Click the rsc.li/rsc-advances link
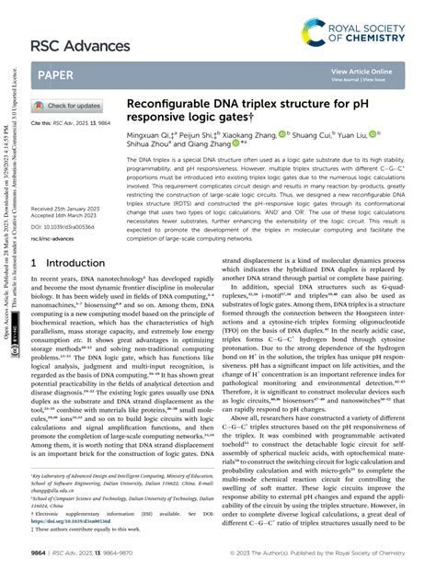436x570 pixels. click(x=56, y=237)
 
